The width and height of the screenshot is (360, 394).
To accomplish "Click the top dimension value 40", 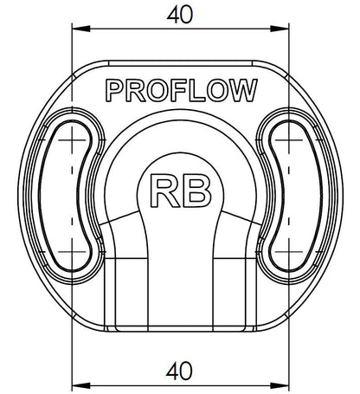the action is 179,15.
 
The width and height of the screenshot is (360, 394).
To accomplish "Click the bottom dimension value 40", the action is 179,371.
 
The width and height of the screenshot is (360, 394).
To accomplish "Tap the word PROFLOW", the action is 182,90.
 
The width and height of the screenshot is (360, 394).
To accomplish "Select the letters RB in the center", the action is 181,191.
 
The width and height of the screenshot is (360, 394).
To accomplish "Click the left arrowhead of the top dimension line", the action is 81,29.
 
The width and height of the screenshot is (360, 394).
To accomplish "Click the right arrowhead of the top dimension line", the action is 280,29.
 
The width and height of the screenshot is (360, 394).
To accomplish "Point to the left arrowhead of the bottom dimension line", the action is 81,385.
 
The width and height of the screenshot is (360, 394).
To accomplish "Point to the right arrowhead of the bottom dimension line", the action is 280,385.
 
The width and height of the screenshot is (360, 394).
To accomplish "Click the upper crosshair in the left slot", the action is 72,140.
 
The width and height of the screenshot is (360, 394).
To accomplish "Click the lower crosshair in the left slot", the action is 72,252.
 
